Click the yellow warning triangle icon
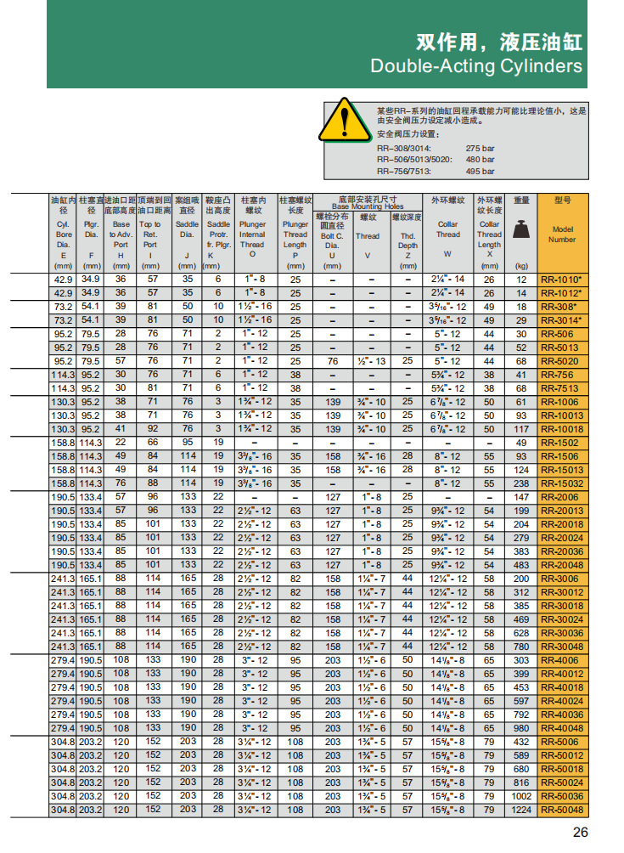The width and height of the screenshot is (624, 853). pyautogui.click(x=344, y=121)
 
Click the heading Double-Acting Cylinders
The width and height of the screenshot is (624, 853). pyautogui.click(x=476, y=66)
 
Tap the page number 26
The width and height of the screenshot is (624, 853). pyautogui.click(x=580, y=832)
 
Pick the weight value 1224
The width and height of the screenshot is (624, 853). pyautogui.click(x=521, y=810)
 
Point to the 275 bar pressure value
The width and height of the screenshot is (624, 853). pyautogui.click(x=480, y=148)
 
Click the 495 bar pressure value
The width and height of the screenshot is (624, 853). pyautogui.click(x=480, y=171)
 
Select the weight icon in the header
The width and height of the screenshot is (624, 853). pyautogui.click(x=521, y=229)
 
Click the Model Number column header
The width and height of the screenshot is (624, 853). pyautogui.click(x=563, y=234)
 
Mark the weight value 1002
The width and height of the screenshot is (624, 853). pyautogui.click(x=521, y=796)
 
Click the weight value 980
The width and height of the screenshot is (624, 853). pyautogui.click(x=521, y=728)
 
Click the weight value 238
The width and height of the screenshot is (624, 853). pyautogui.click(x=521, y=483)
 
